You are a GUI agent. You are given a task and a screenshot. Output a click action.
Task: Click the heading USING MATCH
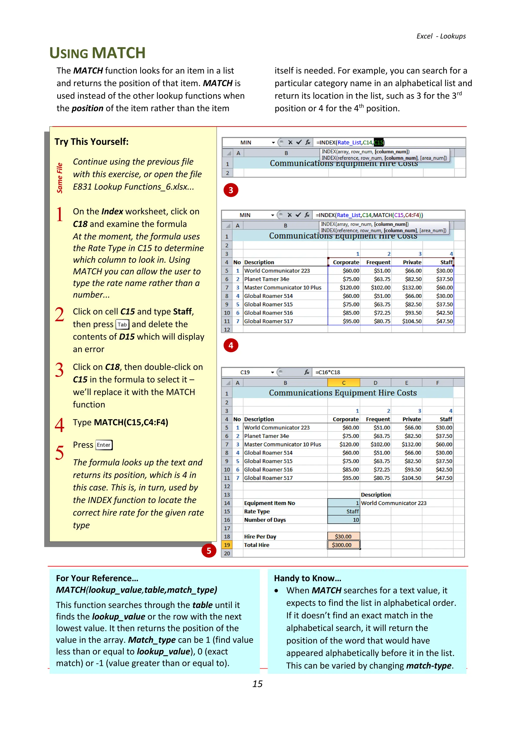click(x=97, y=53)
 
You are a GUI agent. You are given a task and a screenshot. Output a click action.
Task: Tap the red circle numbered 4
click(x=231, y=345)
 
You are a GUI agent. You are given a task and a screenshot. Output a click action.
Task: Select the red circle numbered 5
click(x=209, y=551)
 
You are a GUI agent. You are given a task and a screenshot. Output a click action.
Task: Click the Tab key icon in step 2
click(x=122, y=324)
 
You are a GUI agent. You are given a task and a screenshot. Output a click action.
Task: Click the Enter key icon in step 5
click(x=104, y=445)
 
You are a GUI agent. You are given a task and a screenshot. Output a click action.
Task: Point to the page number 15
click(x=257, y=684)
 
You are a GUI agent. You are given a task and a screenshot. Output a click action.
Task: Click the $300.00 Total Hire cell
click(x=344, y=545)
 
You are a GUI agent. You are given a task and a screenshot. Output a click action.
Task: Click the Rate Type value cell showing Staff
click(x=344, y=511)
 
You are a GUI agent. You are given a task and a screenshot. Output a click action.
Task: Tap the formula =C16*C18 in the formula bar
click(x=328, y=372)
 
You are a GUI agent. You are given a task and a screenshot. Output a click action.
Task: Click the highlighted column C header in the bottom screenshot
click(x=344, y=383)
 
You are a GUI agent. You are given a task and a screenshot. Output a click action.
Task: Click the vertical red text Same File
click(x=60, y=178)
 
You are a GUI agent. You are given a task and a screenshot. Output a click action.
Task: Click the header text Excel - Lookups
click(x=441, y=36)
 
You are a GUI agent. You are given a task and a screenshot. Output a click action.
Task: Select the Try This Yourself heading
click(x=92, y=142)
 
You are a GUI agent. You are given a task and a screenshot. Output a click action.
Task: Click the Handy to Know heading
click(x=307, y=578)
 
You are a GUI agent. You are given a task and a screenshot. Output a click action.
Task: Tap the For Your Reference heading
click(x=97, y=578)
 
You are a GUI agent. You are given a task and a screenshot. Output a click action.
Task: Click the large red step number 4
click(x=59, y=425)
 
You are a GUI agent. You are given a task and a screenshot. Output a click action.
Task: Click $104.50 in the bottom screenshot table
click(x=411, y=478)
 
